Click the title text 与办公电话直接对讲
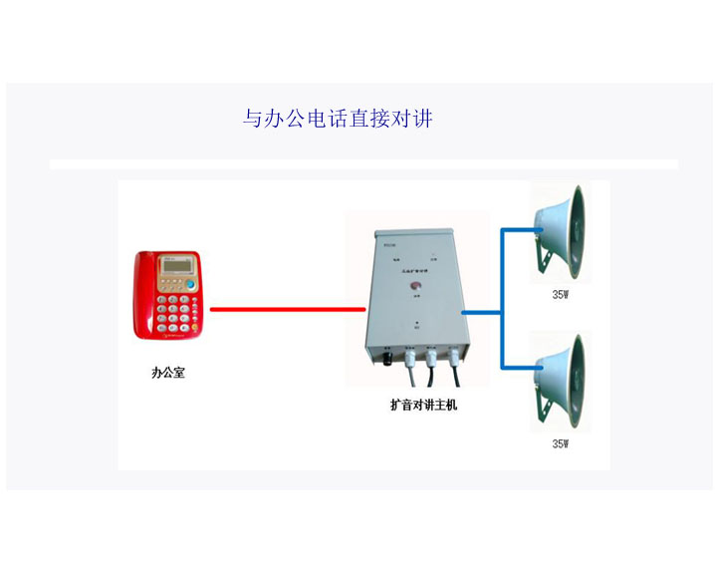[338, 120]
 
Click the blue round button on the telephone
[190, 285]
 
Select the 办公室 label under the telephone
[167, 374]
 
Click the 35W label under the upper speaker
[561, 295]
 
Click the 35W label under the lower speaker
[561, 443]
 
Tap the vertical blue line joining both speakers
[502, 299]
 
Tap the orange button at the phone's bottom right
[193, 330]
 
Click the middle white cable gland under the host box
[432, 355]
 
